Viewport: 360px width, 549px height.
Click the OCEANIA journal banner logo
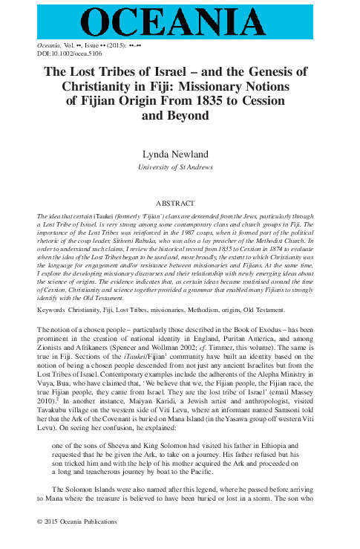pyautogui.click(x=179, y=19)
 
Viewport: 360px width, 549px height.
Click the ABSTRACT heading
pyautogui.click(x=179, y=202)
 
